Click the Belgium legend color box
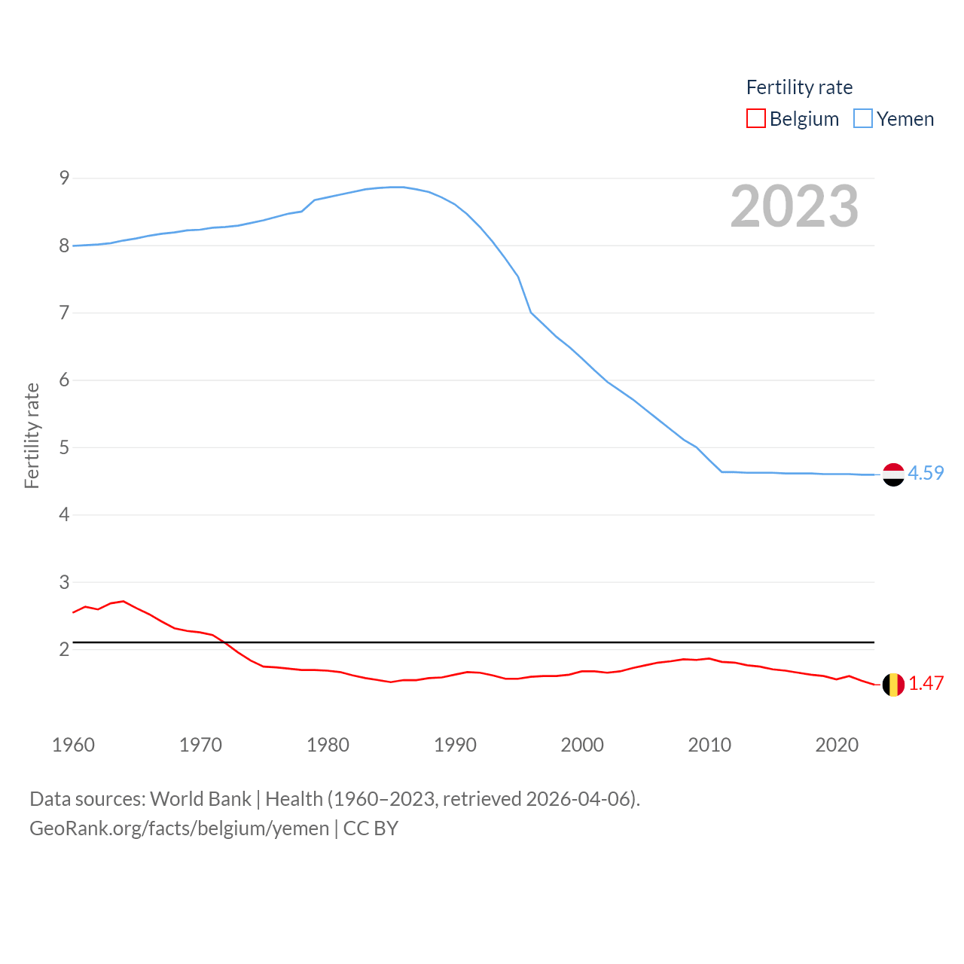pyautogui.click(x=756, y=119)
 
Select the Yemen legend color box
pyautogui.click(x=863, y=119)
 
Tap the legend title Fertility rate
pyautogui.click(x=799, y=87)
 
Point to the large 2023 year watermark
pyautogui.click(x=795, y=206)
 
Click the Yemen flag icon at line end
pyautogui.click(x=893, y=474)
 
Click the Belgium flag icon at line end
pyautogui.click(x=893, y=685)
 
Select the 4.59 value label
pyautogui.click(x=926, y=473)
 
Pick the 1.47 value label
pyautogui.click(x=926, y=683)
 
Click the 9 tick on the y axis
pyautogui.click(x=64, y=178)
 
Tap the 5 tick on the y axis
pyautogui.click(x=64, y=447)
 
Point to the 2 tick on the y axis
pyautogui.click(x=64, y=649)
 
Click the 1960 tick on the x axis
pyautogui.click(x=73, y=745)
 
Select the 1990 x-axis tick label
pyautogui.click(x=455, y=745)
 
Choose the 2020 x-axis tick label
pyautogui.click(x=837, y=745)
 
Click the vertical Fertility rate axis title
pyautogui.click(x=32, y=436)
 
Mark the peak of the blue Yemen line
pyautogui.click(x=397, y=187)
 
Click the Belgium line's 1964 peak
pyautogui.click(x=124, y=601)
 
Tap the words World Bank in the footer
pyautogui.click(x=200, y=798)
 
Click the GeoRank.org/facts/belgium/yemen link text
pyautogui.click(x=179, y=828)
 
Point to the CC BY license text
pyautogui.click(x=371, y=828)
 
